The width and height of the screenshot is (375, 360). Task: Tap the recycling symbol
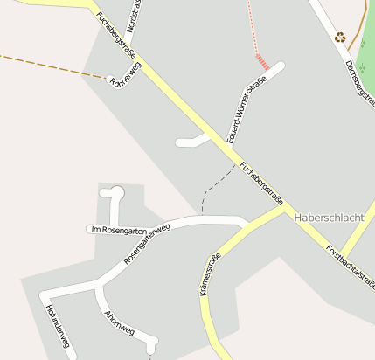point(339,38)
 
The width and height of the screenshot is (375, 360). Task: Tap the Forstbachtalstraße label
point(351,266)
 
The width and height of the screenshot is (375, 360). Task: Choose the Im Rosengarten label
point(118,229)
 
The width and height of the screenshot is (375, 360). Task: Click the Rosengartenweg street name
point(147,244)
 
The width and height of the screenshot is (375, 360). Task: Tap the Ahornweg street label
point(119,322)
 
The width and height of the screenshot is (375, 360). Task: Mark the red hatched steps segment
point(262,62)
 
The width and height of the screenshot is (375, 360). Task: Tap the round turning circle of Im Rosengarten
point(117,193)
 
